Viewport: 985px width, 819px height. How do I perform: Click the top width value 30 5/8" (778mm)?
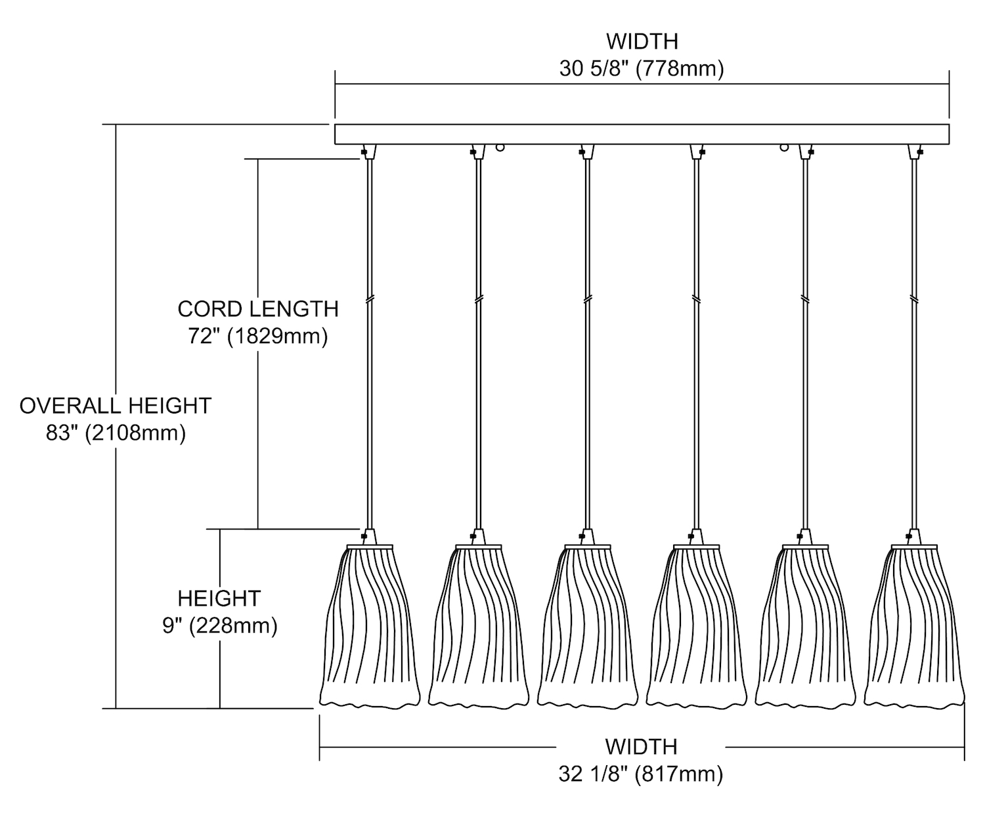click(x=642, y=69)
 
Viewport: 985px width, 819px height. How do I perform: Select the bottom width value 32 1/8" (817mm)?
click(x=641, y=774)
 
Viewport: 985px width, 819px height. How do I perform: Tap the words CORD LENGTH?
click(x=258, y=308)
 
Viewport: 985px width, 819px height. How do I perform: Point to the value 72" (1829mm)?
click(x=258, y=337)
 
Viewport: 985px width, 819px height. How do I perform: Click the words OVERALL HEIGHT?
click(x=116, y=406)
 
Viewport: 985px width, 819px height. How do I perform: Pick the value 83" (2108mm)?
click(x=116, y=433)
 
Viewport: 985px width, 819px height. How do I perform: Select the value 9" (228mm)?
click(x=220, y=626)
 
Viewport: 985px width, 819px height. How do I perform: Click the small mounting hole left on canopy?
click(x=500, y=148)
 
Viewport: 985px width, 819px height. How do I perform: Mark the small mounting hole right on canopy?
click(x=784, y=148)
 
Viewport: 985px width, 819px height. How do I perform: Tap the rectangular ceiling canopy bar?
click(x=642, y=134)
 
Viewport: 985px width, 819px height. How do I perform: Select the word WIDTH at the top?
click(x=642, y=41)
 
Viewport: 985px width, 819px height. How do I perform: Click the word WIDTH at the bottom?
click(x=641, y=747)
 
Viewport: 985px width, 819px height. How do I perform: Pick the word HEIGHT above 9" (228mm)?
click(x=219, y=598)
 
